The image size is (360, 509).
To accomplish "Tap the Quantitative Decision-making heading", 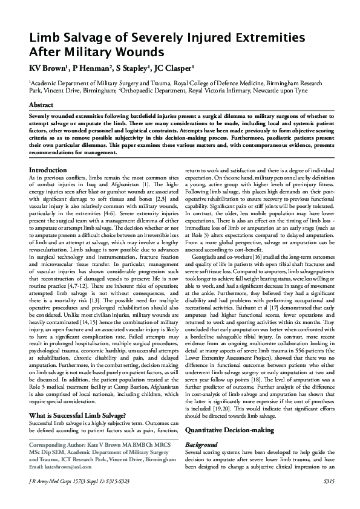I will point(234,412).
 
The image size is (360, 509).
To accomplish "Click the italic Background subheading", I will point(202,427).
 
